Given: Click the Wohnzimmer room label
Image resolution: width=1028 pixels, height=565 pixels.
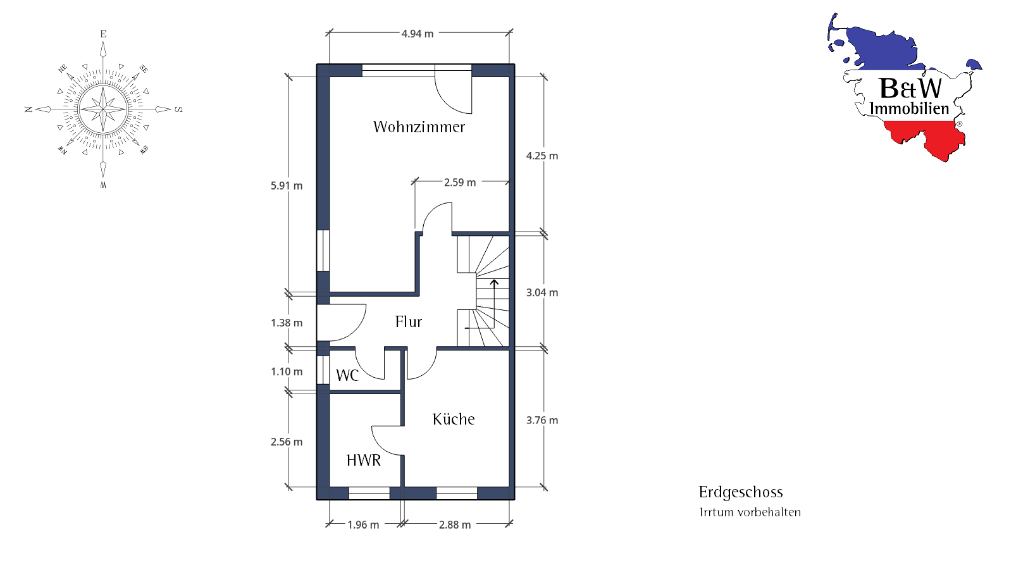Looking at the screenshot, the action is tap(419, 127).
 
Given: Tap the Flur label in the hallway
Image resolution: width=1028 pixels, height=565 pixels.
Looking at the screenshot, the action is tap(409, 322).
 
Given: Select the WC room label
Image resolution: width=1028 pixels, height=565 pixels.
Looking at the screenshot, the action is tap(347, 375).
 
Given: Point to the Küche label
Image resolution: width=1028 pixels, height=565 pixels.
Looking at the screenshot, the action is tap(454, 419).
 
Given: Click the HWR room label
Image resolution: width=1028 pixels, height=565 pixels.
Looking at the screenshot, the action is tap(364, 461).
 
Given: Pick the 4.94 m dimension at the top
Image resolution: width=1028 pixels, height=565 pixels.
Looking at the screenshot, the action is tap(418, 34).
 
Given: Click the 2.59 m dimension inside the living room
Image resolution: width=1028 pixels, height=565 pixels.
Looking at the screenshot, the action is tap(460, 182).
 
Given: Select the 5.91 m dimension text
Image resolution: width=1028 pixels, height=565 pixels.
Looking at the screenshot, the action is tap(287, 185).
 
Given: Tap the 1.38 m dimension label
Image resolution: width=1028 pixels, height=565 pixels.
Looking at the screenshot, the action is tap(287, 323).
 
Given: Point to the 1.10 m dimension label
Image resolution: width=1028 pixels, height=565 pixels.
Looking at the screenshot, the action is tap(287, 371).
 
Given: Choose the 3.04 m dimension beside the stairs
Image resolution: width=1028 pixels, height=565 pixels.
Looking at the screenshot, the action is tap(542, 292).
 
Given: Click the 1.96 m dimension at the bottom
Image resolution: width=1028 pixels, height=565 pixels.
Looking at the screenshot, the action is tap(363, 525).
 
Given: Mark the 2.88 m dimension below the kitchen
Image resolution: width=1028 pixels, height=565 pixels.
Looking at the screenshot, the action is tap(455, 525).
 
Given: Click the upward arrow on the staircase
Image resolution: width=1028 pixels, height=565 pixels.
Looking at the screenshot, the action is tap(494, 304).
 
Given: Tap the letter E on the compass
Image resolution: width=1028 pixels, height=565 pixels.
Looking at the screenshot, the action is tap(103, 34).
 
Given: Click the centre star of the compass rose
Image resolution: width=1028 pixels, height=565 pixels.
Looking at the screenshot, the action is tap(103, 109).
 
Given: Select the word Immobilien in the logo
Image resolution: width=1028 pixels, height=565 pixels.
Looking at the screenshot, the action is tap(909, 108).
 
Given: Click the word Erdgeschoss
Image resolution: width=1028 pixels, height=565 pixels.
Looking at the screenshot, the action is tap(741, 492).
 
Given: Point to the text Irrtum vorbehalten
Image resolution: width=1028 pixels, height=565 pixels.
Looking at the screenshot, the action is tap(750, 512).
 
